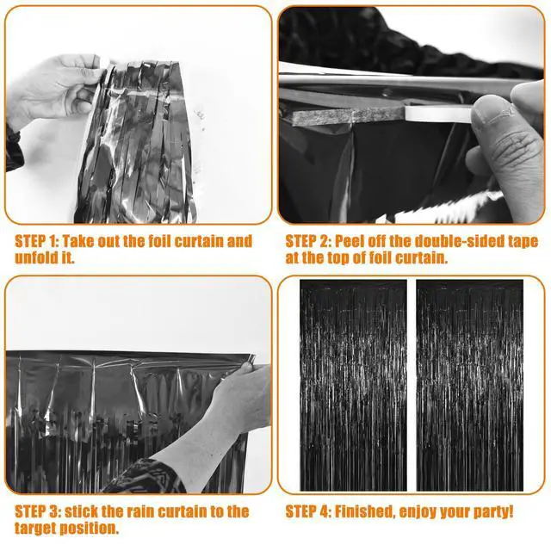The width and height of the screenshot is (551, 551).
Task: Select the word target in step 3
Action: click(34, 528)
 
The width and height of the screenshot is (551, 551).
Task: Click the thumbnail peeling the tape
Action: click(412, 115)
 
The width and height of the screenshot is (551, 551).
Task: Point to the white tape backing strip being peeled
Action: click(438, 114)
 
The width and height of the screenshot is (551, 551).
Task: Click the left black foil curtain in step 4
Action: click(354, 385)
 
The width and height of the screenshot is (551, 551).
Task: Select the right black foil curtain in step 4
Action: click(470, 385)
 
